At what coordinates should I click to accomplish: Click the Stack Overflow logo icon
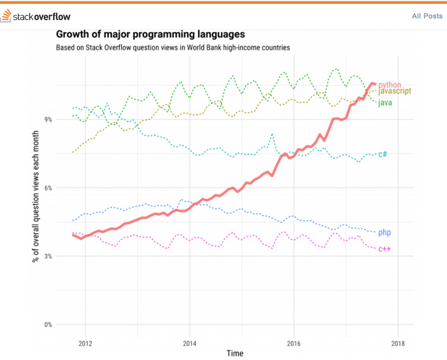click(6, 16)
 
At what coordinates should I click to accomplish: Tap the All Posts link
click(427, 16)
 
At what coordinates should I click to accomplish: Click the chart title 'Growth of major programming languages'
click(150, 35)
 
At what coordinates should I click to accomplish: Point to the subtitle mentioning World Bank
click(173, 47)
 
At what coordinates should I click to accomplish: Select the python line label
click(390, 85)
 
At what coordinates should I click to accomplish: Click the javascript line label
click(395, 91)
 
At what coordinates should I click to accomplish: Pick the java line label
click(385, 103)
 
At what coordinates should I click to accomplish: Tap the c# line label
click(383, 154)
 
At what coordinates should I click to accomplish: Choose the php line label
click(384, 232)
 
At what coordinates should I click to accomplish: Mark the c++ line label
click(384, 248)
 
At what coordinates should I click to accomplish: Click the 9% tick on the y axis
click(48, 119)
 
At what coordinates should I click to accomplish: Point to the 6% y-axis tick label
click(48, 188)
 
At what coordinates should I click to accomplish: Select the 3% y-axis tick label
click(48, 256)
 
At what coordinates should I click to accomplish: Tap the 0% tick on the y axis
click(48, 324)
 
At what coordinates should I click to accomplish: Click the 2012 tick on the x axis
click(85, 342)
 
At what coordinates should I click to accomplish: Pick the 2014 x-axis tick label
click(189, 342)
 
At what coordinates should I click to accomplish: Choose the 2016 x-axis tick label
click(293, 342)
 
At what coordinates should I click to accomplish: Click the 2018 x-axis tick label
click(398, 342)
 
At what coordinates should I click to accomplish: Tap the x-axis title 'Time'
click(235, 353)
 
